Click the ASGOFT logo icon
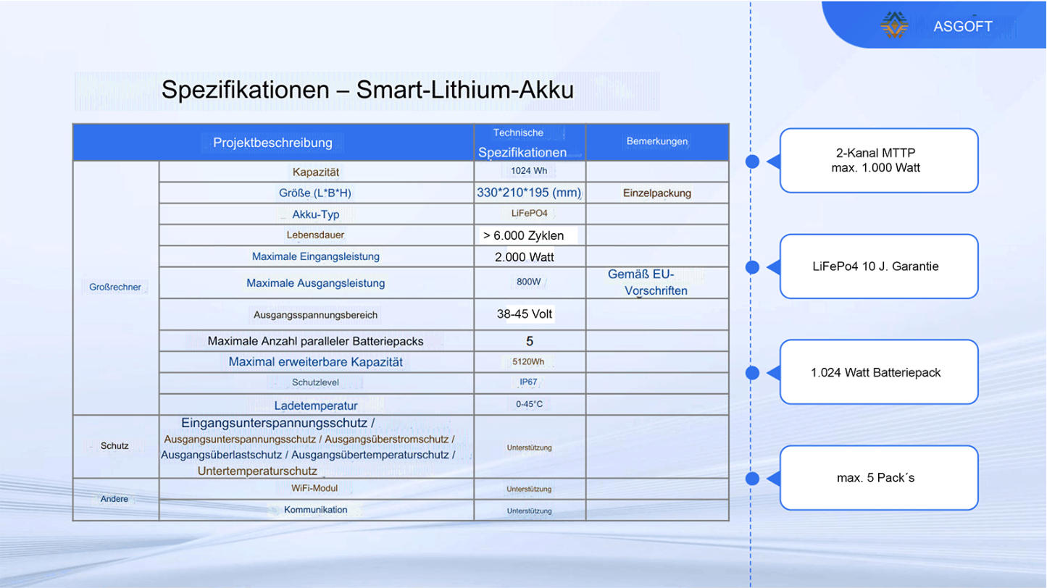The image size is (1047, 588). pyautogui.click(x=894, y=25)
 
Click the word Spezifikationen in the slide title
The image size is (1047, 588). pyautogui.click(x=246, y=90)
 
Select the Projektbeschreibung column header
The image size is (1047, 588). pyautogui.click(x=272, y=143)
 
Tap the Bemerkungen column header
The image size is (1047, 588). pyautogui.click(x=656, y=141)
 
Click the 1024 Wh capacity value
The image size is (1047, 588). pyautogui.click(x=529, y=171)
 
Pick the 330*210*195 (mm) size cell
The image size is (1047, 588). pyautogui.click(x=529, y=193)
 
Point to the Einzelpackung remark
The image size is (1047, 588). pyautogui.click(x=656, y=193)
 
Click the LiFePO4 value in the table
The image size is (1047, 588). pyautogui.click(x=529, y=214)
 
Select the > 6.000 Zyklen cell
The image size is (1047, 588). pyautogui.click(x=523, y=235)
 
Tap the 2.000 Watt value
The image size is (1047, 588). pyautogui.click(x=525, y=257)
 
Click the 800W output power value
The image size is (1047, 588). pyautogui.click(x=529, y=282)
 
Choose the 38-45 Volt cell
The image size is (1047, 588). pyautogui.click(x=525, y=314)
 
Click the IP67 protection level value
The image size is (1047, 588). pyautogui.click(x=529, y=382)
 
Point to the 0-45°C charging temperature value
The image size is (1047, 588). pyautogui.click(x=529, y=404)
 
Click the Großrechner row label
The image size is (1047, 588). pyautogui.click(x=115, y=287)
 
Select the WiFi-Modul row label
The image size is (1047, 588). pyautogui.click(x=314, y=488)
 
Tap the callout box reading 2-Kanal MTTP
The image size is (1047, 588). pyautogui.click(x=879, y=160)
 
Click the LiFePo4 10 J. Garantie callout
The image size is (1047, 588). pyautogui.click(x=879, y=266)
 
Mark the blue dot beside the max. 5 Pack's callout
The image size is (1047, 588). pyautogui.click(x=752, y=478)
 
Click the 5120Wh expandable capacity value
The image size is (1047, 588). pyautogui.click(x=528, y=361)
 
